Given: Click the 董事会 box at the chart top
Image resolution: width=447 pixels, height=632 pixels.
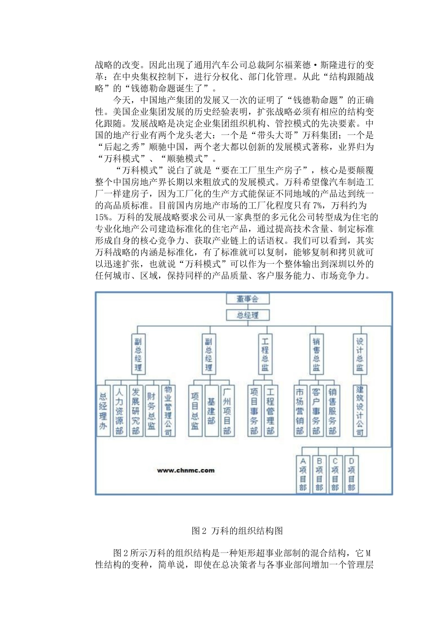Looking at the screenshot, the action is pos(247,299).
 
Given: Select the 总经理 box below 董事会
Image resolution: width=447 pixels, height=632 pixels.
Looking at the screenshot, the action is pos(247,315).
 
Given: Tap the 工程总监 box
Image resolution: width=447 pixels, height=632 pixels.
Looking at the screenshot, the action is pos(265,353).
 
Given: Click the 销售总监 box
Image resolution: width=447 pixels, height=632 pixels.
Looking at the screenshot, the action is pos(316,353).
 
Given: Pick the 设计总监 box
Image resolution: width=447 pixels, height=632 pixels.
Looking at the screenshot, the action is pos(359,353).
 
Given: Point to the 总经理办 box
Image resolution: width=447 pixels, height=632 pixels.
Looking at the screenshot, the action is pos(103,411).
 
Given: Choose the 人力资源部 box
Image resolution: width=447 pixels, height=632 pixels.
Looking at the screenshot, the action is pos(120,411).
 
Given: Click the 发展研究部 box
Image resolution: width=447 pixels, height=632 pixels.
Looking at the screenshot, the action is pos(136,411).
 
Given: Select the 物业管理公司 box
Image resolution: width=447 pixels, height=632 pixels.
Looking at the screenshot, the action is pos(168,411).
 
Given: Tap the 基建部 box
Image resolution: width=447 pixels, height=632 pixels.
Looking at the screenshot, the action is pos(211,411).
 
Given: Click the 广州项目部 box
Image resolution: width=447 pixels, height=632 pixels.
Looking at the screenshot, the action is pos(227,411).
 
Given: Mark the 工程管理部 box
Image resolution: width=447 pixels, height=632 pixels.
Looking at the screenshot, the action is pos(270,411).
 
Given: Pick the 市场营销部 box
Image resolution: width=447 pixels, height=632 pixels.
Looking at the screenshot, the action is pos(300,411).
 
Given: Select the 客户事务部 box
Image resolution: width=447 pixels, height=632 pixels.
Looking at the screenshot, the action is pos(316,411).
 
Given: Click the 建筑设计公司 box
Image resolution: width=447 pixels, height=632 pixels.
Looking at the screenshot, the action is pos(359,411).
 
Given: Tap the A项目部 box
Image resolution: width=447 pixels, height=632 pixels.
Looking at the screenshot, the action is pos(303,474).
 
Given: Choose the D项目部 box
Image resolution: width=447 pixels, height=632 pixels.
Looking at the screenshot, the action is pos(351,474).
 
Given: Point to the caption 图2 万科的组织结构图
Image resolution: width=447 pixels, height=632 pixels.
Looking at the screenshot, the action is pos(237,531).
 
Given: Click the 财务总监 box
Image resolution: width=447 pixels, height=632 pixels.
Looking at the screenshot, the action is pos(152,411).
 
